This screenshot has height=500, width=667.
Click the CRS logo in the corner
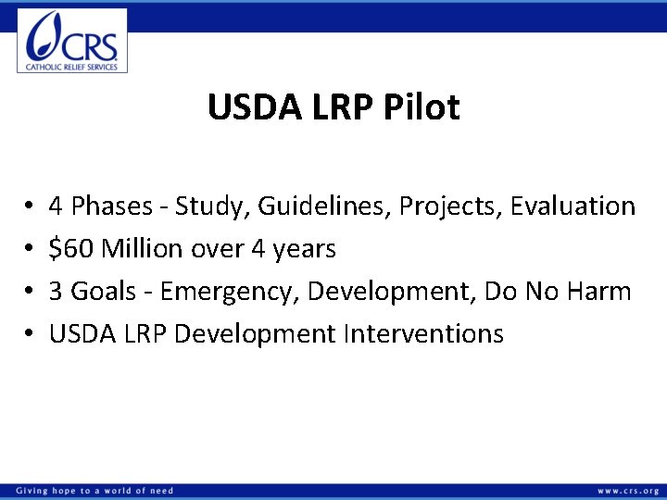(72, 40)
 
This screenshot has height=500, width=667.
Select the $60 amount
(71, 248)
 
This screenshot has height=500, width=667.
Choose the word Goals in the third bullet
(104, 291)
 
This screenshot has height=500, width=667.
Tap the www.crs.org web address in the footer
(628, 491)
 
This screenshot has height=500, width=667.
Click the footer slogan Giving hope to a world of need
(94, 491)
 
